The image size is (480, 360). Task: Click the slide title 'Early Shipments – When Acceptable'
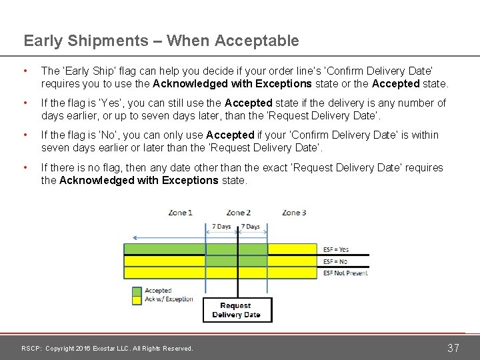pos(161,41)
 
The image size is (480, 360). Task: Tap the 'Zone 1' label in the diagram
pos(181,213)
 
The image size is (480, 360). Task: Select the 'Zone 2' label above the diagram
pos(238,213)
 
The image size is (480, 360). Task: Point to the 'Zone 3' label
pos(294,213)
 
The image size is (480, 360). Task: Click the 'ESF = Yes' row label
pos(335,250)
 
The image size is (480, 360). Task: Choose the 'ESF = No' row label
pos(335,261)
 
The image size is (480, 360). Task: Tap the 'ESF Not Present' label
pos(345,273)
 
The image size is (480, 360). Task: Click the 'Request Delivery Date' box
pos(237,310)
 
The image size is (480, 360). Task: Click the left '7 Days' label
pos(221,227)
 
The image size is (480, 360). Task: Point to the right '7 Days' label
pos(250,227)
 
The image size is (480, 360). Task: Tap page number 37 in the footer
pos(453,348)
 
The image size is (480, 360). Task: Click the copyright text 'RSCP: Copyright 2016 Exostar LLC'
pos(107,348)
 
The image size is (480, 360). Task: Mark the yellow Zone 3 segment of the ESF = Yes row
pos(293,250)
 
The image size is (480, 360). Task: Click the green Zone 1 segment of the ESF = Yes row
pos(167,250)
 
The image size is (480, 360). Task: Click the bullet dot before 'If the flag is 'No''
pos(25,135)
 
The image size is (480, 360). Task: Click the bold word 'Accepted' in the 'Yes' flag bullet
pos(249,103)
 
